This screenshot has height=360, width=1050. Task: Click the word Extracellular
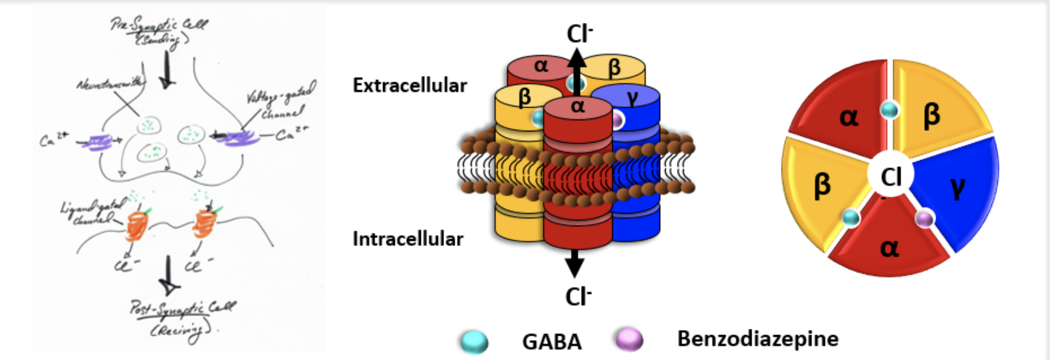[x=410, y=85]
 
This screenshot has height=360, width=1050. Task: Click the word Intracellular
[x=408, y=239]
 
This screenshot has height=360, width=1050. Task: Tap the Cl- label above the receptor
[x=579, y=34]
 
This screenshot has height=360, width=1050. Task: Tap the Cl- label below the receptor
[x=578, y=296]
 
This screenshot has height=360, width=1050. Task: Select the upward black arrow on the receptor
[x=577, y=65]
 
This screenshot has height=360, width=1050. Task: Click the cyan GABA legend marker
[x=475, y=341]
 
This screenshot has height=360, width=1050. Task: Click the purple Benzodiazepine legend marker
[x=629, y=339]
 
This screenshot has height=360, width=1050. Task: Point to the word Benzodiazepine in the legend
[x=757, y=339]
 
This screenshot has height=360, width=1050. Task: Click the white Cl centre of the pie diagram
[x=891, y=177]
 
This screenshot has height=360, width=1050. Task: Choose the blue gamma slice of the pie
[x=957, y=187]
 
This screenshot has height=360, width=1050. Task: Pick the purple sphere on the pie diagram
[x=925, y=218]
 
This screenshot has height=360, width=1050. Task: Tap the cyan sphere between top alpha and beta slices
[x=890, y=110]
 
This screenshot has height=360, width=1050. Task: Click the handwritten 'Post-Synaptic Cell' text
[x=182, y=308]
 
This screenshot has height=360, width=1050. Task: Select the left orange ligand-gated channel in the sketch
[x=136, y=225]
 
